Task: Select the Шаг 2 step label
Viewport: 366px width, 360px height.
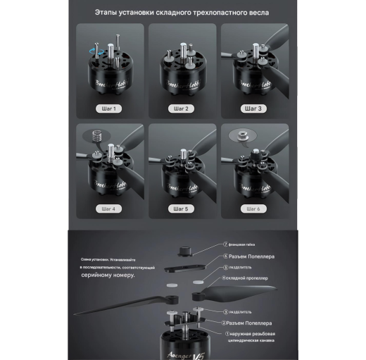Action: [181, 108]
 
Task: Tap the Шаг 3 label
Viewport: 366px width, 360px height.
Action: [253, 108]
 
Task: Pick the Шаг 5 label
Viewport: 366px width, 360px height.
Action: [181, 209]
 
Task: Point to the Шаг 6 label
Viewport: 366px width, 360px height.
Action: [253, 209]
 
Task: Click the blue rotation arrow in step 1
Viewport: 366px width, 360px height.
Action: [94, 47]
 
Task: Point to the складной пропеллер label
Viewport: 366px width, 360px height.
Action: [248, 278]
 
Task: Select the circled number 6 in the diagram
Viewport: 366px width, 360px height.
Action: [226, 256]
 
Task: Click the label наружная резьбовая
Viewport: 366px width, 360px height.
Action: [254, 333]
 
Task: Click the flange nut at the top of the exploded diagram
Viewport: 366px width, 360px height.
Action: [184, 250]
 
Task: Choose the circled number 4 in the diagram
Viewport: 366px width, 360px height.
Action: [224, 278]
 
